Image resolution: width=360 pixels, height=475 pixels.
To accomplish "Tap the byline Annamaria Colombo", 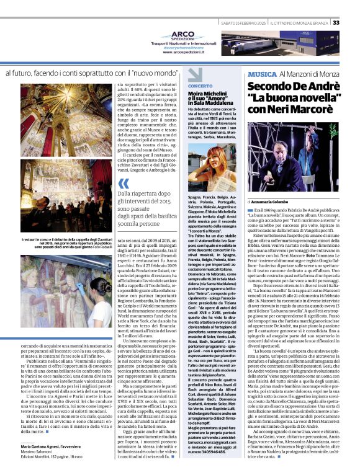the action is (271, 202).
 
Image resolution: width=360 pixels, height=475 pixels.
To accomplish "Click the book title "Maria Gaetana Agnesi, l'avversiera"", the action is (50, 446).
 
